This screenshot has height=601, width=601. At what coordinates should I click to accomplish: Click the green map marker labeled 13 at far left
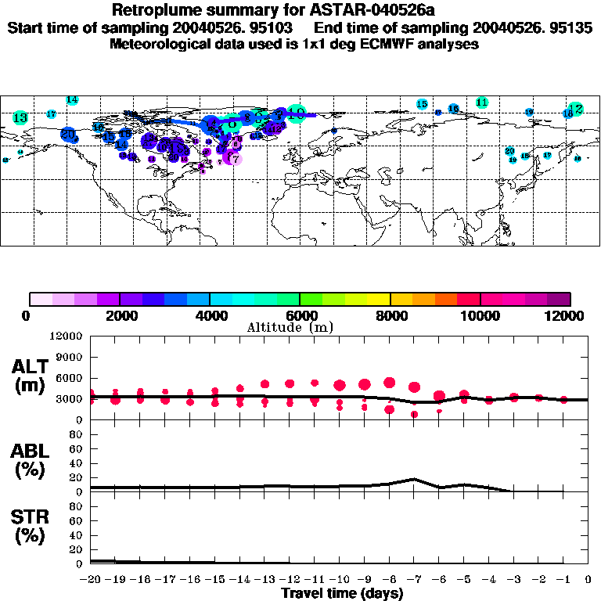tap(20, 118)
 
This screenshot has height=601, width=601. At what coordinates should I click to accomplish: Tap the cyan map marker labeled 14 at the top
tap(72, 100)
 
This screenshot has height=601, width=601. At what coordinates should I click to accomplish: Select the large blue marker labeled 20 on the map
tap(68, 135)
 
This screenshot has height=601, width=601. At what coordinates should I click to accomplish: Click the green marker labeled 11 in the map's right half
tap(482, 103)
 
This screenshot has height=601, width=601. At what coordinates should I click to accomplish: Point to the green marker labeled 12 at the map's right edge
tap(576, 109)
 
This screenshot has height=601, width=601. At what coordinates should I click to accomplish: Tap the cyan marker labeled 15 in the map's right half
tap(422, 104)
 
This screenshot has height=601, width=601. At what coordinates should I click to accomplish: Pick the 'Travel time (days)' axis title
tap(342, 592)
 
